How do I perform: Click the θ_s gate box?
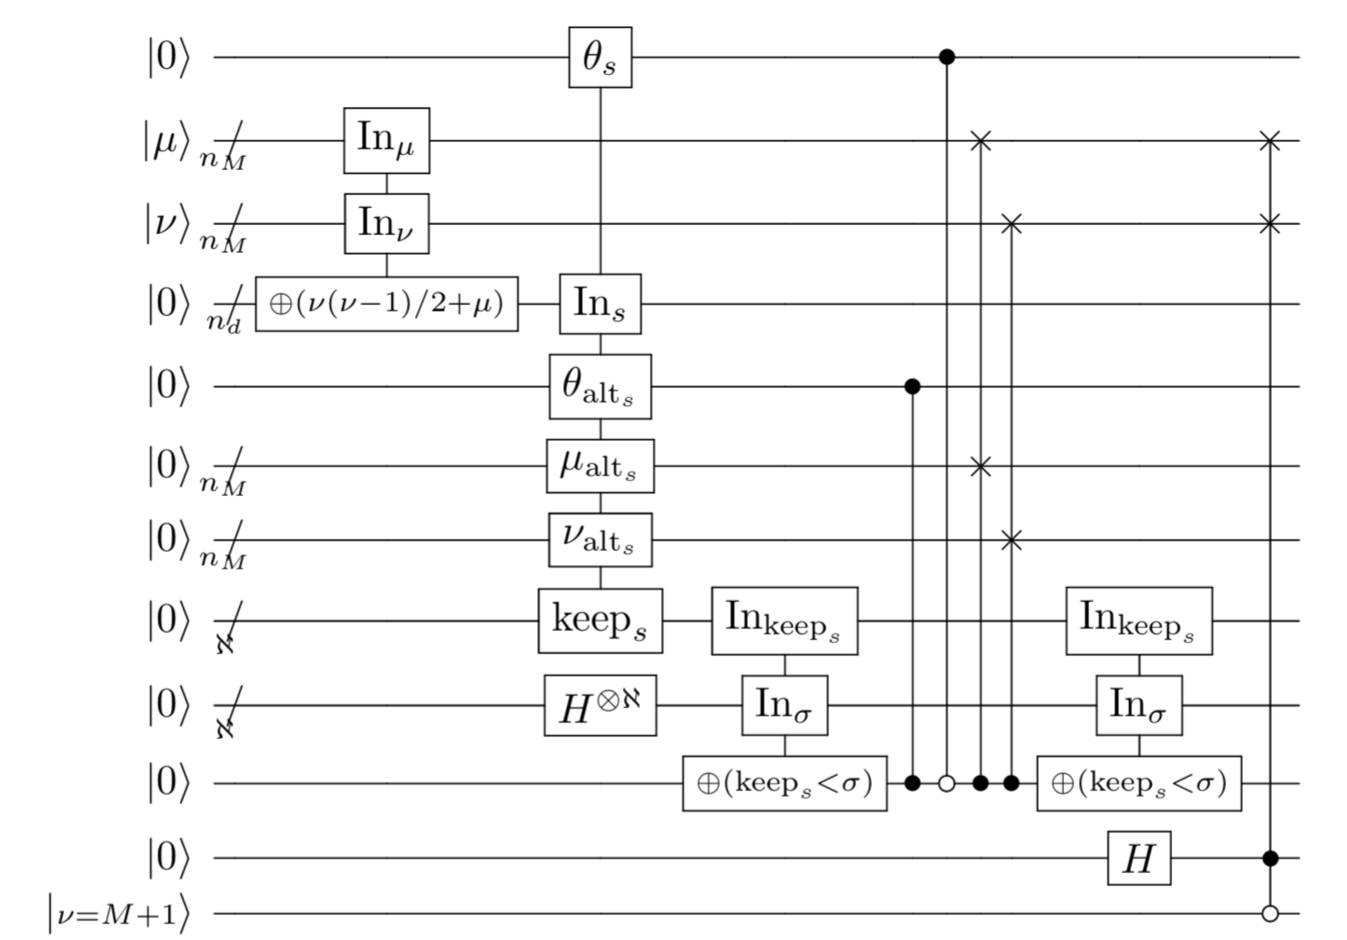tap(600, 57)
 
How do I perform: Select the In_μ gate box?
tap(386, 141)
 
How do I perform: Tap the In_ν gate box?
tap(386, 223)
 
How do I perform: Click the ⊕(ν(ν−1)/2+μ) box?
tap(387, 303)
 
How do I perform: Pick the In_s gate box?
tap(600, 303)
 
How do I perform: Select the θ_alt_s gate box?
tap(600, 386)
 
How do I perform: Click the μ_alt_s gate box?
tap(600, 466)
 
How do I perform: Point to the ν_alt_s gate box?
tap(600, 540)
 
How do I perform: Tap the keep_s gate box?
tap(600, 620)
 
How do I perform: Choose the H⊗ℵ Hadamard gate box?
tap(600, 706)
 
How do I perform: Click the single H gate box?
tap(1139, 858)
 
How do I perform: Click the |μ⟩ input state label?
tap(167, 141)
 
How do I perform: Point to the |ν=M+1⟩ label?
tap(120, 914)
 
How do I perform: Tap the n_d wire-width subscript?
tap(224, 323)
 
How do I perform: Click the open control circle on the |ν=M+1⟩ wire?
tap(1270, 914)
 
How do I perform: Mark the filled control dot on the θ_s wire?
tap(947, 57)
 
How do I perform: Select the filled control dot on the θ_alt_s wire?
tap(912, 386)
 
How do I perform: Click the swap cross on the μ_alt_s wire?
tap(980, 467)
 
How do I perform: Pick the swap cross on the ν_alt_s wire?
tap(1011, 540)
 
